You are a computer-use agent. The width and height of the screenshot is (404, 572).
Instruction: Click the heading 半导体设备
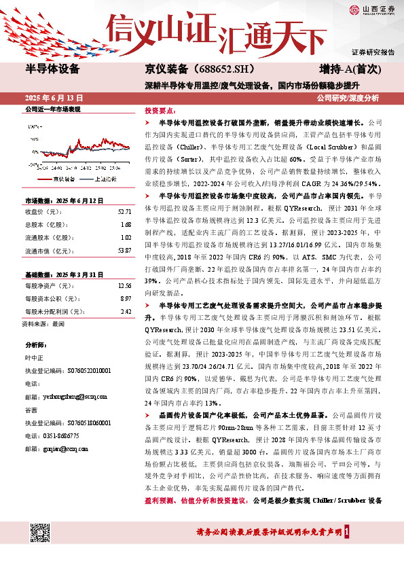click(52, 69)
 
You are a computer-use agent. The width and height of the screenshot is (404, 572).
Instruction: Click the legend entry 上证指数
click(104, 160)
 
